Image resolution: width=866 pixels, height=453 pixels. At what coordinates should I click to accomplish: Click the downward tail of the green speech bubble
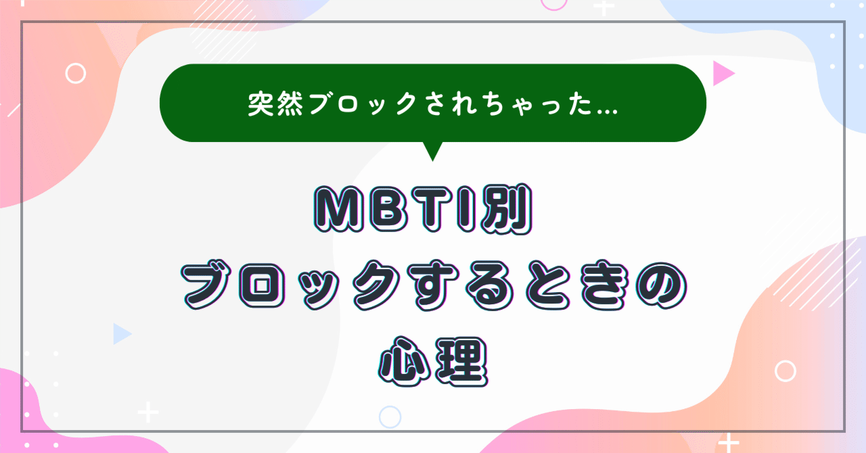pos(432,151)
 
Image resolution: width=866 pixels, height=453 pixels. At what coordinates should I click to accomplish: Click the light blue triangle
pos(121,333)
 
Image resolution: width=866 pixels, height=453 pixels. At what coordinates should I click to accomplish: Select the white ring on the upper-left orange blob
pos(76,73)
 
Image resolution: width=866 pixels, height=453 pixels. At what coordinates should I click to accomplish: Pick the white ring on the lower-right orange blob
pos(785,371)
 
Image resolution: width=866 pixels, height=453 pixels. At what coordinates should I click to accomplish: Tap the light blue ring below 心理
pos(390,416)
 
